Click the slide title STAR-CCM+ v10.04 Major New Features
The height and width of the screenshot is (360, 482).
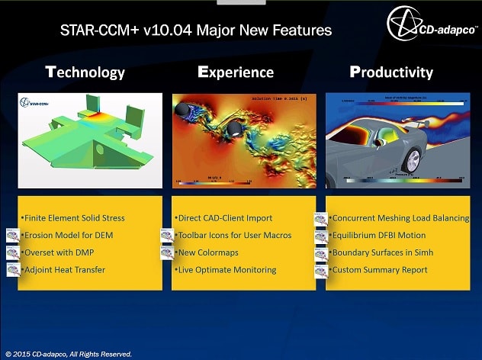[x=196, y=31]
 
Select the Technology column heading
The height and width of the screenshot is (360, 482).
[x=85, y=72]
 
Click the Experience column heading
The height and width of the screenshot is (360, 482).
[x=236, y=72]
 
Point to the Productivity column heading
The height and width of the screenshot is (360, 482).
[x=391, y=72]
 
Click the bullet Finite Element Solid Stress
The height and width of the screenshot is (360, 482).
[x=73, y=218]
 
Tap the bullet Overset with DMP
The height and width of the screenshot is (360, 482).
[x=62, y=252]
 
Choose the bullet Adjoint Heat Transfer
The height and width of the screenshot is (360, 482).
[x=65, y=269]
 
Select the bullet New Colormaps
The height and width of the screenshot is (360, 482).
[x=208, y=252]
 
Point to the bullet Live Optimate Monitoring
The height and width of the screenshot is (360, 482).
[x=227, y=269]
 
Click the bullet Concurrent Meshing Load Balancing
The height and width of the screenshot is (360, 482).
[x=400, y=218]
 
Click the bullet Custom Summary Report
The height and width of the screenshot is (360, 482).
[x=379, y=269]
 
